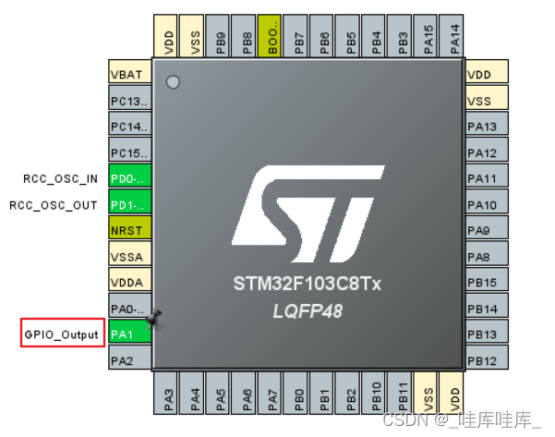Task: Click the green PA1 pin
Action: tap(127, 334)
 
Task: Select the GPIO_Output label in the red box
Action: tap(61, 334)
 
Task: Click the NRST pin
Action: tap(127, 230)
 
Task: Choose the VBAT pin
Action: tap(127, 75)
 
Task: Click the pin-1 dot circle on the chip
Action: tap(173, 82)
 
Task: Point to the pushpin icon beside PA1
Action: tap(154, 319)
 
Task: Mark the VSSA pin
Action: tap(127, 256)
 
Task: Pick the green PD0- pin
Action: tap(127, 178)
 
